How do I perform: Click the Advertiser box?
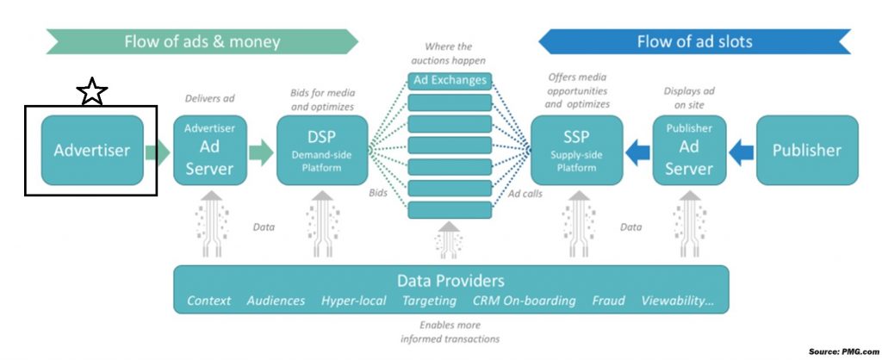(92, 150)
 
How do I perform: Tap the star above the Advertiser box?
(91, 90)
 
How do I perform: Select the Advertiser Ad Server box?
(209, 150)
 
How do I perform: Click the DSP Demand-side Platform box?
(322, 150)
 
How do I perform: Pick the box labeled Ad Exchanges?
(449, 81)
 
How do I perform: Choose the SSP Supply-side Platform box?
(575, 150)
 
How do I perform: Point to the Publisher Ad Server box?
(688, 150)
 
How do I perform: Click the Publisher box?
(806, 150)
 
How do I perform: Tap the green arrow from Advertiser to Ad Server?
(158, 152)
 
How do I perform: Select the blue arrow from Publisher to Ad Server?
(741, 152)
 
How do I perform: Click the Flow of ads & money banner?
(202, 41)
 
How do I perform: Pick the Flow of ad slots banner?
(694, 41)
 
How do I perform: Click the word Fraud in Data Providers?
(608, 301)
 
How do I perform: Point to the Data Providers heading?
(450, 281)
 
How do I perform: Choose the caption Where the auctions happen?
(449, 53)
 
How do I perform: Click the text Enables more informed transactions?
(450, 332)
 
